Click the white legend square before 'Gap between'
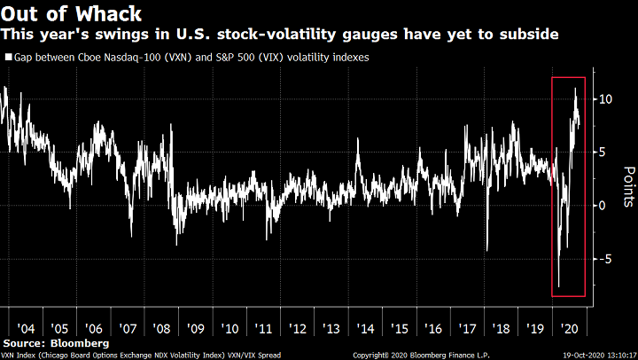coord(8,57)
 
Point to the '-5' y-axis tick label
coord(602,259)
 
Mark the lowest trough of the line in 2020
coord(558,286)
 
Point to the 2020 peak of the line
coord(576,89)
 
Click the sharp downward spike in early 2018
coord(487,249)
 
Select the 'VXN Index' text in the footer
coord(19,354)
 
